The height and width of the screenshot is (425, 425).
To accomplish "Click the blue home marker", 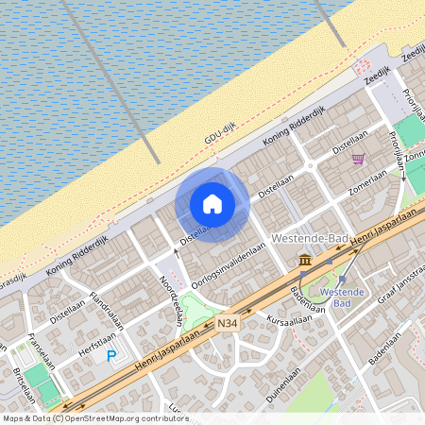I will point(212,203).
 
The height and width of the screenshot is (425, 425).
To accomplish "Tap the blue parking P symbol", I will point(111,356).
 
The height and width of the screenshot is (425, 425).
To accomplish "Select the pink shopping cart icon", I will point(358,159).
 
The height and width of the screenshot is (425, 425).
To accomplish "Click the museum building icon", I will point(305,260).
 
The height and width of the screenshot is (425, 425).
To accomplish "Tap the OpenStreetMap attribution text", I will point(94,418).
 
